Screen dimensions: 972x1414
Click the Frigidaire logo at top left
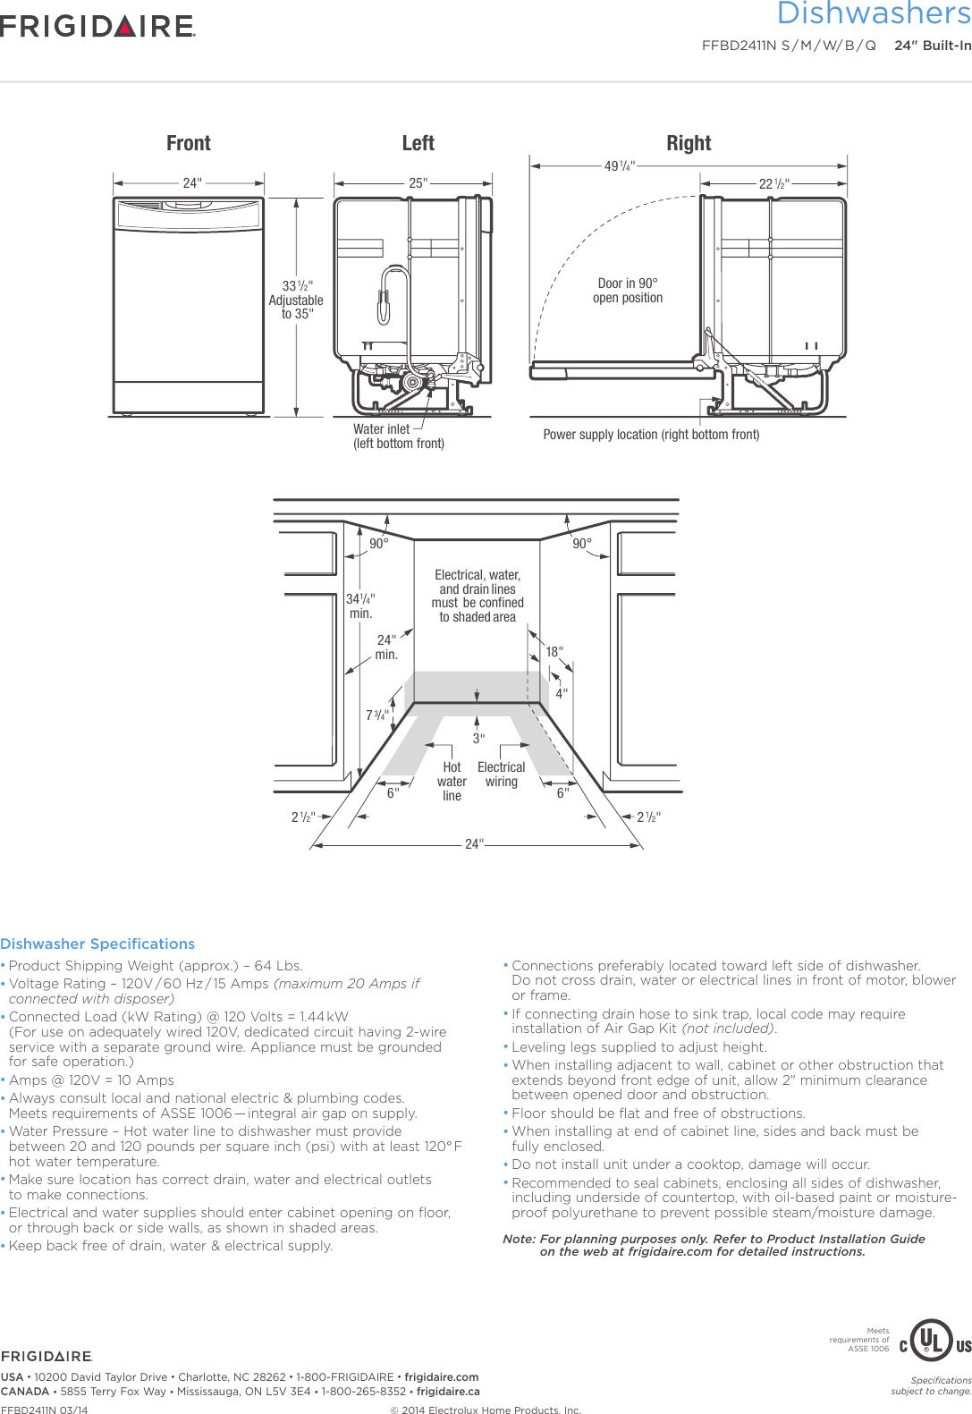coord(97,26)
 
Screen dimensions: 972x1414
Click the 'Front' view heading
coord(189,143)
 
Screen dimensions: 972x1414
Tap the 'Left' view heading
coord(418,143)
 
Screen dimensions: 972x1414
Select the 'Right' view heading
coord(689,143)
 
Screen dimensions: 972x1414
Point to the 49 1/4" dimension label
coord(619,166)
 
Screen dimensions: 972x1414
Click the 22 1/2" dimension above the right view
coord(774,184)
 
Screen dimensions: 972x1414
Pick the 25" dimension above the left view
coord(418,183)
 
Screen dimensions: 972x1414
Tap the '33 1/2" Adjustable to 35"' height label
coord(297,300)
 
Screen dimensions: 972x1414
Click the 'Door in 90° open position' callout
coord(628,291)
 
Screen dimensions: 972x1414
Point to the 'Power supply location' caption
coord(651,435)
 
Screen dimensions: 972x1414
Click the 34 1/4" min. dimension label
coord(360,605)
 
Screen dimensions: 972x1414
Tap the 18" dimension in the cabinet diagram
coord(554,652)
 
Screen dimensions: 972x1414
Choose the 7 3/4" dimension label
coord(376,715)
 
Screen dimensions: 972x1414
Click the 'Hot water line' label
coord(452,781)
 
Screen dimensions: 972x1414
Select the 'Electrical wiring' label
coord(502,774)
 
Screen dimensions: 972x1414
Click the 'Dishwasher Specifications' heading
coord(97,944)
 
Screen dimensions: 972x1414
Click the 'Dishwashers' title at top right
coord(874,14)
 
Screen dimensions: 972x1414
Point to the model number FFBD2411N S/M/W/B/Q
coord(789,46)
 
